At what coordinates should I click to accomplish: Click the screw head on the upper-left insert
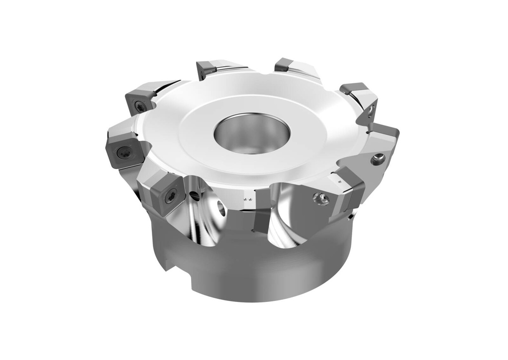140,105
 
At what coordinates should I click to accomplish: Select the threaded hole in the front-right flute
320,199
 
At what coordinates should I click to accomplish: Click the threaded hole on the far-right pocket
378,159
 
